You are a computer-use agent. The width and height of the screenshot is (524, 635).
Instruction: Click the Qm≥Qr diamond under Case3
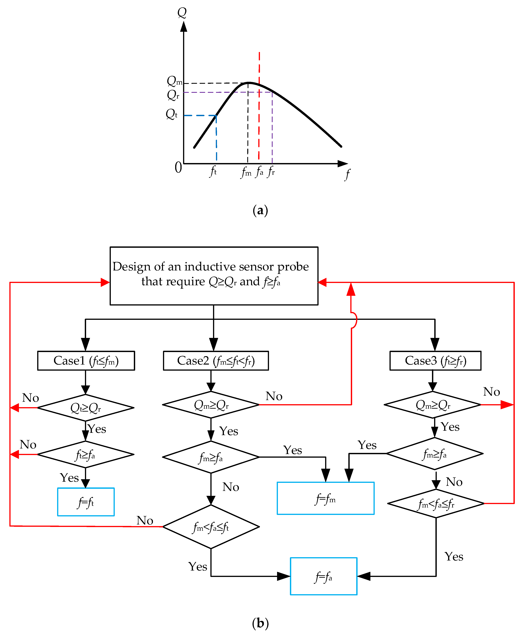coord(432,405)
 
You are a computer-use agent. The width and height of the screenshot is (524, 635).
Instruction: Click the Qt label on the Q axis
coord(171,114)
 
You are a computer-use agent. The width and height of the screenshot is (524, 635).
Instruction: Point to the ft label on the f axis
coord(213,171)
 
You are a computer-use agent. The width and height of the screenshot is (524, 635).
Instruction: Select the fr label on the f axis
coord(271,171)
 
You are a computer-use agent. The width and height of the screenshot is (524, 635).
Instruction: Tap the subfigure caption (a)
coord(260,210)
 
